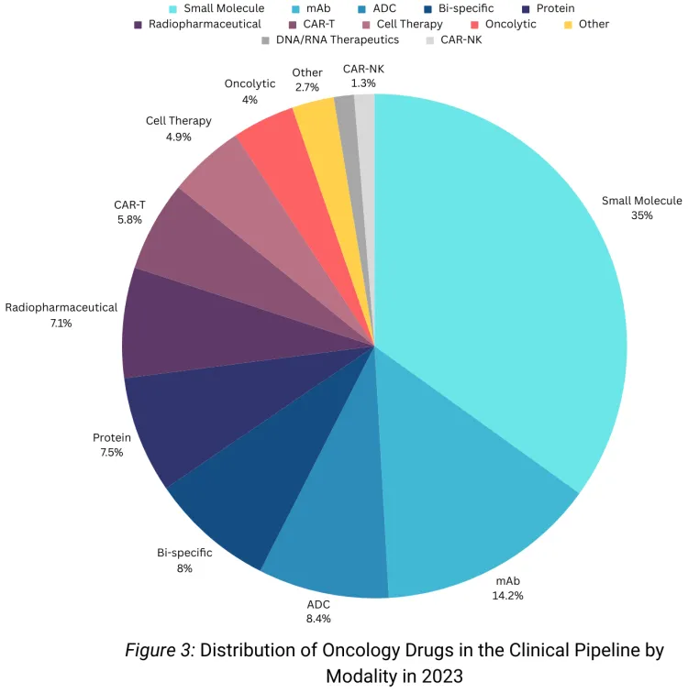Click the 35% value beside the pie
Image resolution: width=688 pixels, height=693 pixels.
(x=642, y=215)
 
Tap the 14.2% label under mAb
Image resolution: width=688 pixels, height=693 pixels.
(x=507, y=596)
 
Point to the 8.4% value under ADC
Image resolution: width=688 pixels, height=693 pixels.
(x=318, y=619)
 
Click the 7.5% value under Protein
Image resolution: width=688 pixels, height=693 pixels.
(x=111, y=453)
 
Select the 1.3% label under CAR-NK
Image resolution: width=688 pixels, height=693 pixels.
(x=363, y=83)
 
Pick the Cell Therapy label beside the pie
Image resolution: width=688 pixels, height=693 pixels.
(x=179, y=121)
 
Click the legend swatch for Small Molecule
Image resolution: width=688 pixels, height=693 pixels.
(x=172, y=9)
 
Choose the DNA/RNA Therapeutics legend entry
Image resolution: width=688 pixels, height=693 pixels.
(x=330, y=40)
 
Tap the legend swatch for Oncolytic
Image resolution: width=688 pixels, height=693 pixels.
(x=474, y=25)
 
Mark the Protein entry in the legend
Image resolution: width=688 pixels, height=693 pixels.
(x=549, y=8)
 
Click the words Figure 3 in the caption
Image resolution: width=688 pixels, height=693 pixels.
(x=160, y=651)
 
